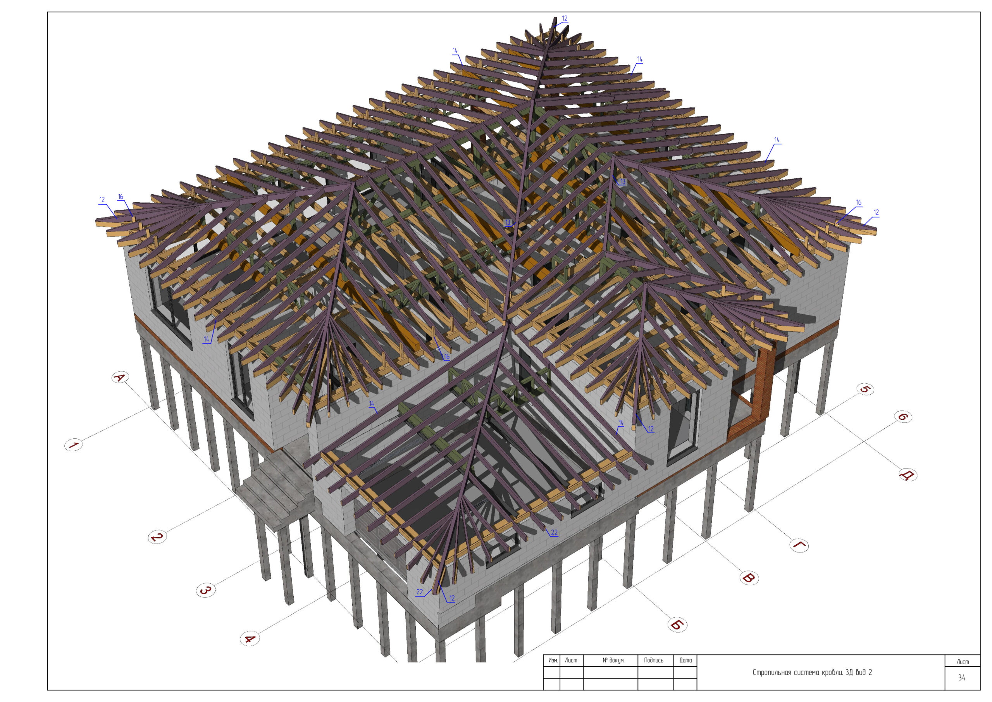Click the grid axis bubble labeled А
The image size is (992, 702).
[x=120, y=378]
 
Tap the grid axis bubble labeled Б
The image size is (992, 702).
[x=677, y=624]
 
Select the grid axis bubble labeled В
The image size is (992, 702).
[x=749, y=578]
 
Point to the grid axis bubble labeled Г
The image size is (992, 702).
[x=799, y=545]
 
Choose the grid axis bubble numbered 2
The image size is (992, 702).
[x=157, y=537]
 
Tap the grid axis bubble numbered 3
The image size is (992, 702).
[x=206, y=590]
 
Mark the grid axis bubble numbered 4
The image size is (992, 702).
[x=250, y=638]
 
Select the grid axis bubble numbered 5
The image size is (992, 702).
[x=865, y=389]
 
